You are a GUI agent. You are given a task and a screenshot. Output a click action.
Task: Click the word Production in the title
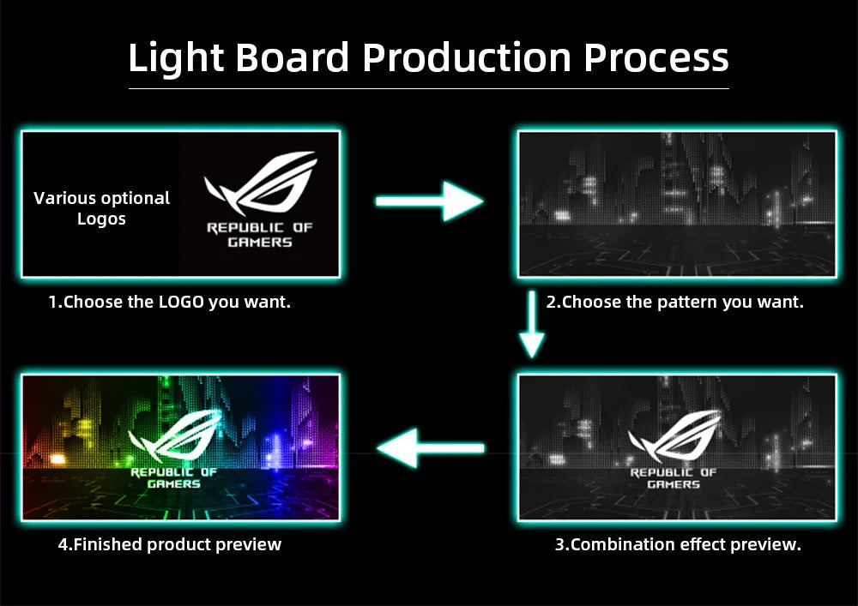466,57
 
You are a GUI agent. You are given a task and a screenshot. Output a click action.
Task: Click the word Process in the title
656,57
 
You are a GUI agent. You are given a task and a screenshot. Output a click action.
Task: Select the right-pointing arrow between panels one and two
429,201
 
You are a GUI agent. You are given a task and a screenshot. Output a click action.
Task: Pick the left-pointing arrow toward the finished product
429,447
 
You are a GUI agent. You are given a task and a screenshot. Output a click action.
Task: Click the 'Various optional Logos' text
101,208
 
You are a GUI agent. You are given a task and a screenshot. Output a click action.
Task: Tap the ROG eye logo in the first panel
260,183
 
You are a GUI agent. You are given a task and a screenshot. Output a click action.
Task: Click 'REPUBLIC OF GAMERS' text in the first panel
260,235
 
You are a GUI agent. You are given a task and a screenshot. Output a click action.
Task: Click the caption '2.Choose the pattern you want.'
674,302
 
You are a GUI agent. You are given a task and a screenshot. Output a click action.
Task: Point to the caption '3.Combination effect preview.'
678,544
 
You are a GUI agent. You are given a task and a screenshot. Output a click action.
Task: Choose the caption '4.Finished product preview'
169,544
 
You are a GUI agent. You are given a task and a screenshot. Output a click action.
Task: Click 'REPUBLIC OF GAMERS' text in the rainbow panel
173,478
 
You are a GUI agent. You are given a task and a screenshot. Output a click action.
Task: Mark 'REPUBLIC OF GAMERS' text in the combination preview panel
673,478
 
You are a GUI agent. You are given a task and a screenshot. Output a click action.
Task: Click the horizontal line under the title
429,88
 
